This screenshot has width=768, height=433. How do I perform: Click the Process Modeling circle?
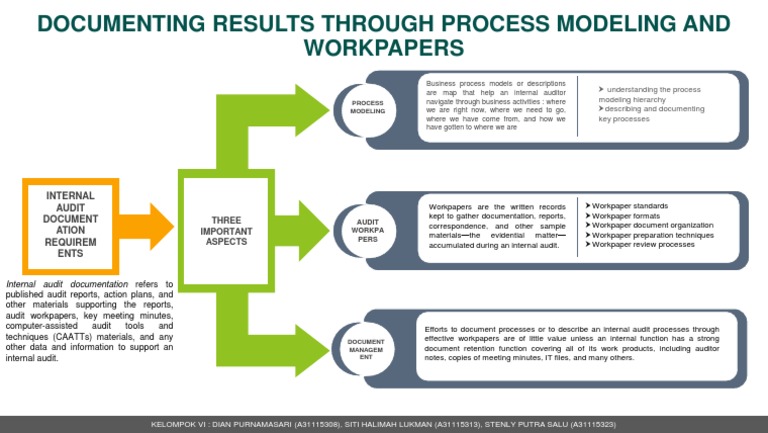tap(368, 107)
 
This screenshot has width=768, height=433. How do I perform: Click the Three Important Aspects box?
tap(232, 229)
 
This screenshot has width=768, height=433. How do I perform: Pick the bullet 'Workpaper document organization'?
tap(650, 225)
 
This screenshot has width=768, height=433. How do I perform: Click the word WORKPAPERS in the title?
tap(384, 47)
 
